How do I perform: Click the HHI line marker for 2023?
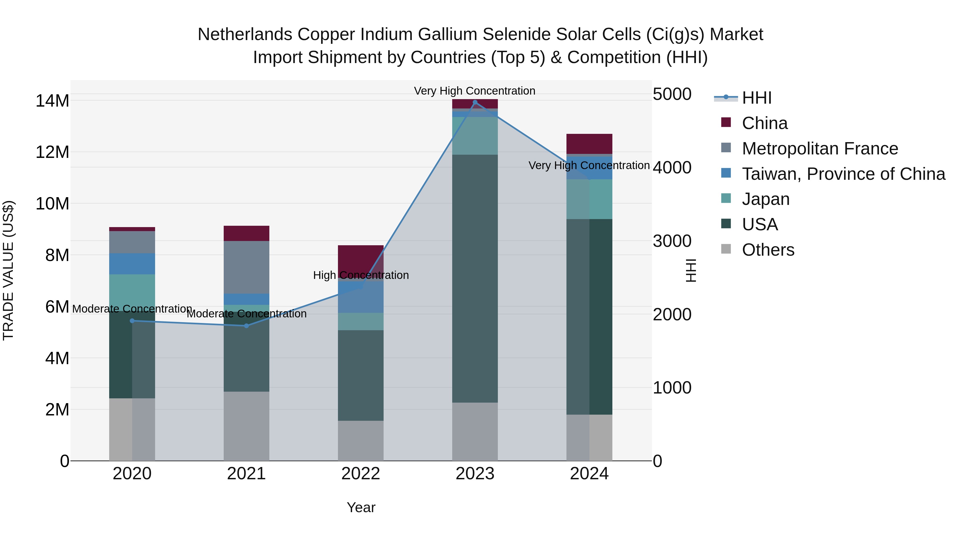tap(475, 102)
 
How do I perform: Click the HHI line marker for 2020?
tap(132, 321)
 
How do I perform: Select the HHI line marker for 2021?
tap(246, 326)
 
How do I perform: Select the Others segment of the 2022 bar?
tap(361, 441)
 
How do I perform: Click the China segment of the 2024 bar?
tap(589, 143)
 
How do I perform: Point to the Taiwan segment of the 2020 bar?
tap(132, 264)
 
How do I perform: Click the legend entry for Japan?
tap(766, 199)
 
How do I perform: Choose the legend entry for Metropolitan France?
tap(820, 148)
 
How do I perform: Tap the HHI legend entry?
tap(757, 98)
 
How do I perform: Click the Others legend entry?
tap(768, 250)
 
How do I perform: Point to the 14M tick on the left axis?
tap(52, 101)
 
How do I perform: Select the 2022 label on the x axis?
tap(361, 474)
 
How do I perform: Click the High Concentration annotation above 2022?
tap(361, 275)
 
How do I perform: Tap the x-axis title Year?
tap(361, 507)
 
